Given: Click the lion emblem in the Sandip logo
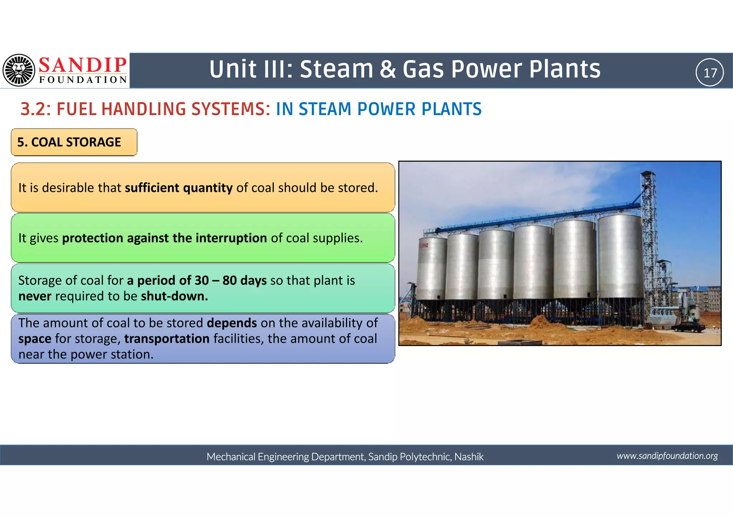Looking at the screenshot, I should pos(19,70).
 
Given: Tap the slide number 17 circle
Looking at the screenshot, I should pos(709,73).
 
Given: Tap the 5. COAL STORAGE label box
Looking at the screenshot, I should pos(74,142).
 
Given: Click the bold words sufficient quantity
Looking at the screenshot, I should pos(179,188).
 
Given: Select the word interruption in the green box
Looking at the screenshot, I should pos(231,238).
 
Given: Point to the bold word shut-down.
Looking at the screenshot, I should pos(174,296).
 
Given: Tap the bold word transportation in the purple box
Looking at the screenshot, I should pos(167,339).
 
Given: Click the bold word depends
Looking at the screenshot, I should pos(232,323).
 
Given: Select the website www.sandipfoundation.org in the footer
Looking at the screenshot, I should pos(667,456).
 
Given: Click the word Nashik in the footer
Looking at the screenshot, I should pos(469,457).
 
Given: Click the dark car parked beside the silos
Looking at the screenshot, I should pos(688,326).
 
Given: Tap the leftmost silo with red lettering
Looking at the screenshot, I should pos(432,268).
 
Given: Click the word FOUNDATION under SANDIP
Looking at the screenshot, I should pos(83,79).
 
